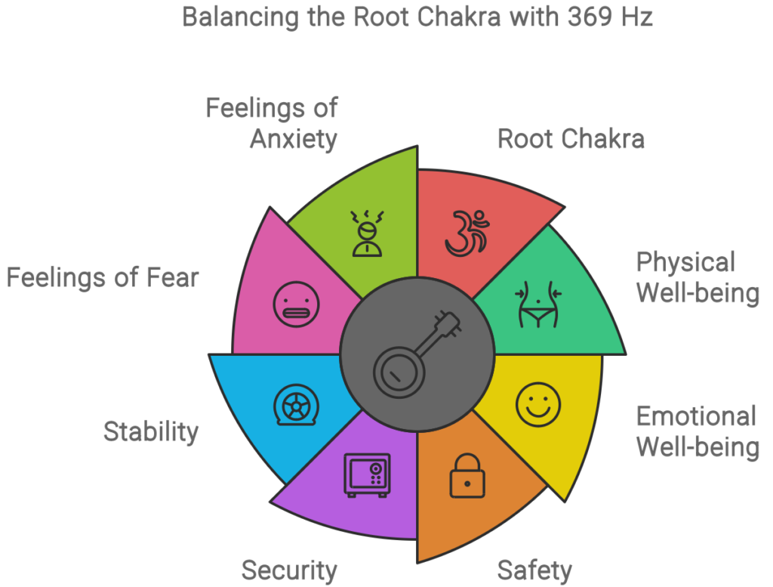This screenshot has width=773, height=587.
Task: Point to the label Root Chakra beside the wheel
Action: (x=571, y=138)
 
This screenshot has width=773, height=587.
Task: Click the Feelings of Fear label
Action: (x=103, y=277)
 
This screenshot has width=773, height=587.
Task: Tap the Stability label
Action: (x=151, y=432)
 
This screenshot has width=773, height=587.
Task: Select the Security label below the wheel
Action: (x=289, y=570)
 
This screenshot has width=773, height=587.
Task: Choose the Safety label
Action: (x=534, y=570)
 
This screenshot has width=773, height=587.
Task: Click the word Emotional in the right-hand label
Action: (x=696, y=416)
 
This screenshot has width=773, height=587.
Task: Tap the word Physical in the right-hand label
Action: (x=686, y=262)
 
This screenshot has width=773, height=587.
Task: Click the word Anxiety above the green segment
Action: (x=294, y=139)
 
